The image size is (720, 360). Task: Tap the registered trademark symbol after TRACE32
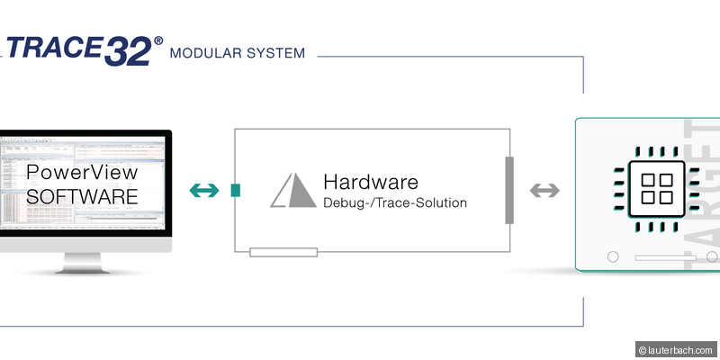point(159,40)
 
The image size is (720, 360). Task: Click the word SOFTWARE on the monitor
point(82,194)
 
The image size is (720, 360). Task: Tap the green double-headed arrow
point(203,190)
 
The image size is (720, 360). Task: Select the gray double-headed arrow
point(544,190)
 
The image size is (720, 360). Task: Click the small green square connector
point(236,190)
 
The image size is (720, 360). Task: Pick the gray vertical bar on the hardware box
point(509,190)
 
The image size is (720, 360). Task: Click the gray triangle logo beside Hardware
point(292,190)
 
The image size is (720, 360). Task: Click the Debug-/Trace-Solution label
point(394,203)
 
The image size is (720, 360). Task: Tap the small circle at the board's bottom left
point(613,257)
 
